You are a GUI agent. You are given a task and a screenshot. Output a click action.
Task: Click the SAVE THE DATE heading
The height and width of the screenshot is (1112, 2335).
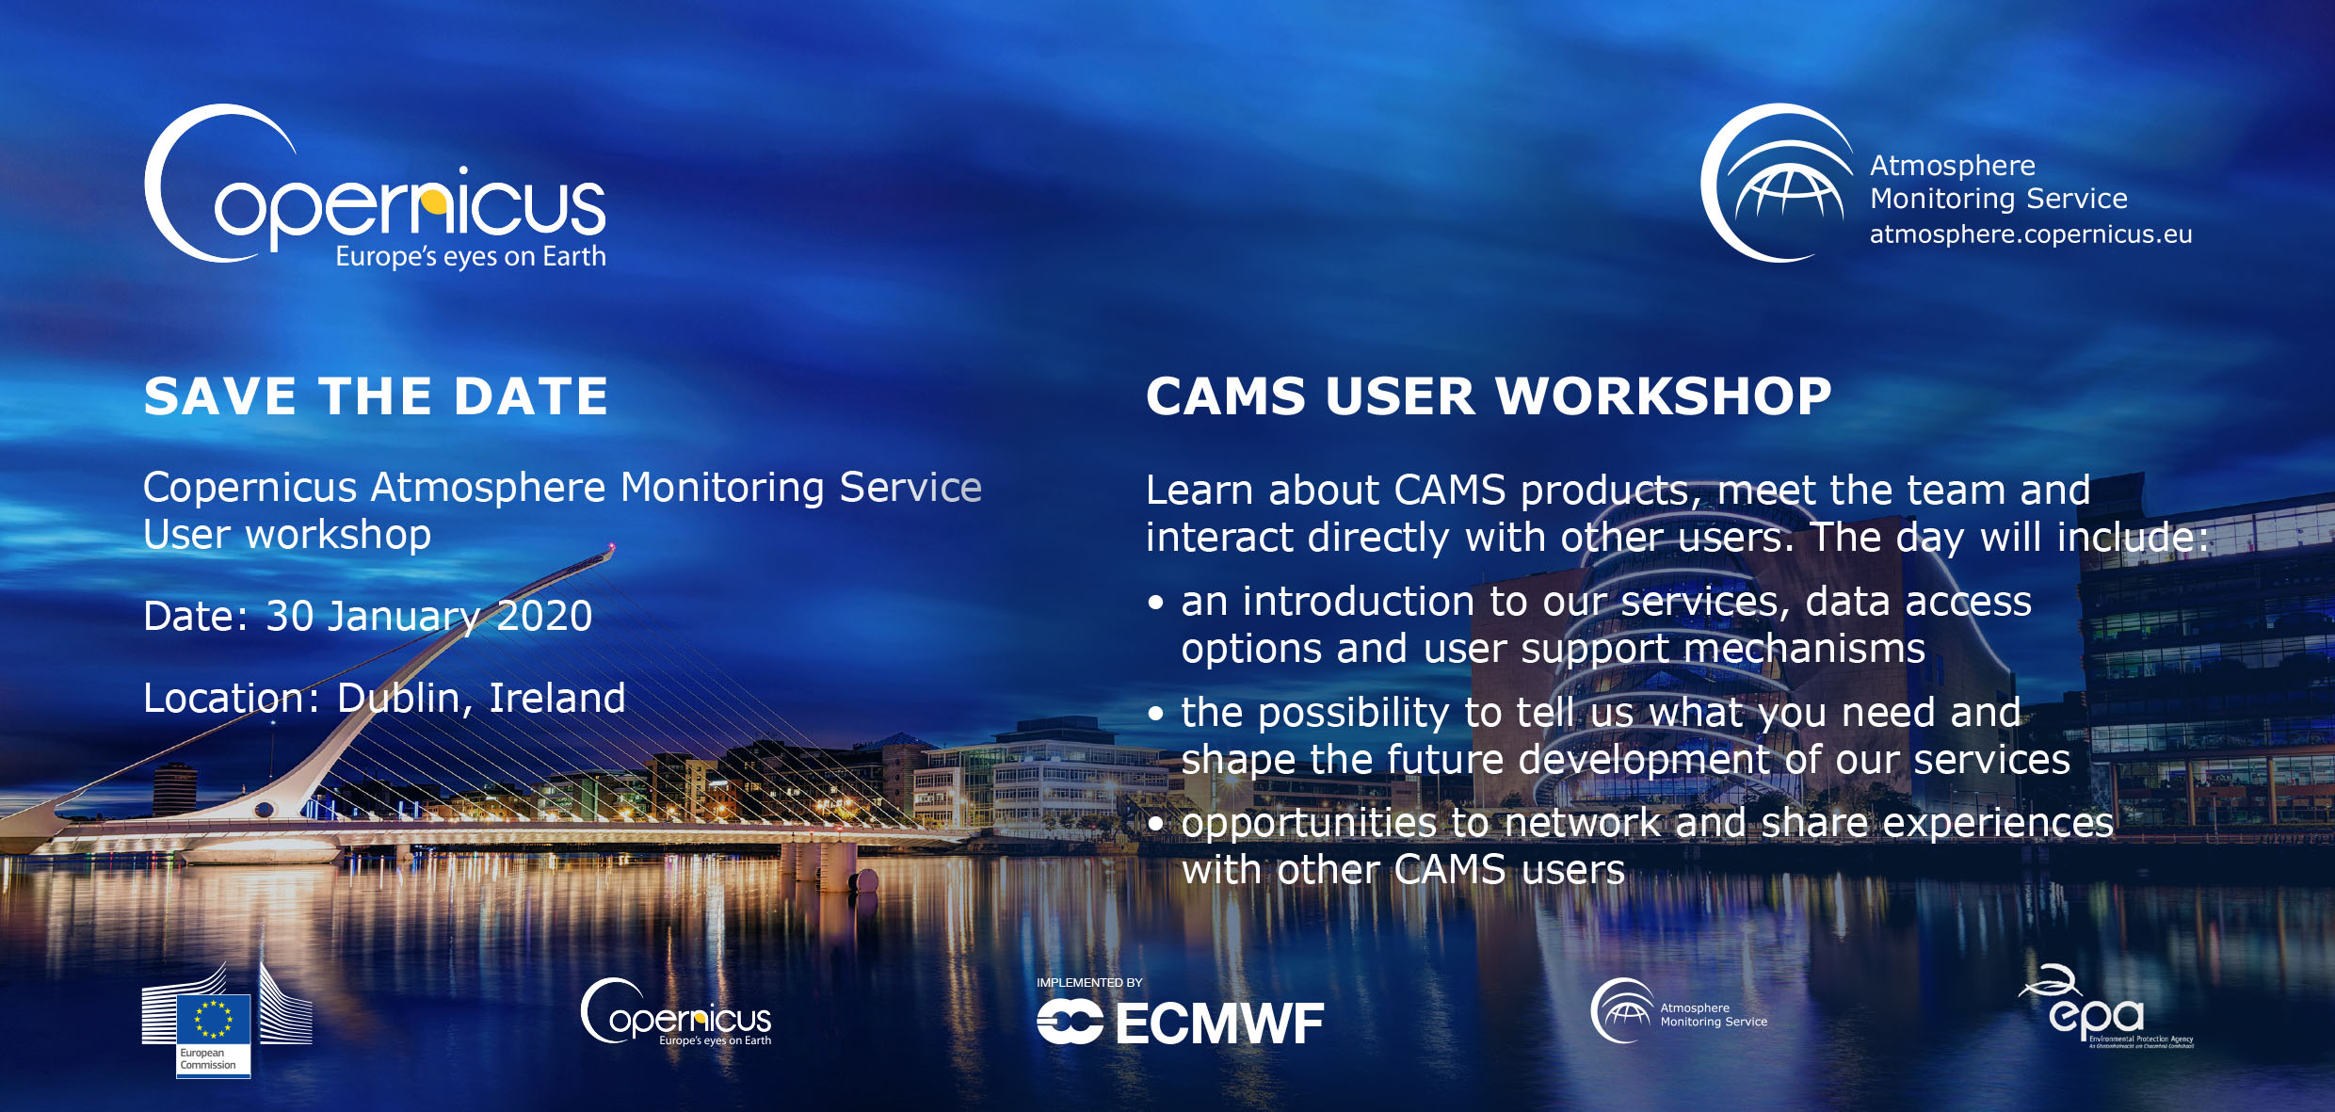tap(376, 395)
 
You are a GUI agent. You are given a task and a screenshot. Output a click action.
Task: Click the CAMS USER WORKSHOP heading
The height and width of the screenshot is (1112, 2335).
tap(1489, 395)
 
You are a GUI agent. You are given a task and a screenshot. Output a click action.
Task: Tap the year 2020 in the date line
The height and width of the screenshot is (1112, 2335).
tap(544, 617)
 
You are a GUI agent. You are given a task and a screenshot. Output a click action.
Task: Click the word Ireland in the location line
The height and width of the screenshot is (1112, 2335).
tap(557, 698)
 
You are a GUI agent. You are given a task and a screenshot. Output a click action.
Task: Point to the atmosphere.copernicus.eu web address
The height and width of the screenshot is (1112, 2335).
tap(2031, 234)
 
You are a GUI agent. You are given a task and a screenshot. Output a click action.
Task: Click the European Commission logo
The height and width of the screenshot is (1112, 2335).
tap(226, 1020)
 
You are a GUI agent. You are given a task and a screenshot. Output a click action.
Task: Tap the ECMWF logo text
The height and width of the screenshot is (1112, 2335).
tap(1219, 1024)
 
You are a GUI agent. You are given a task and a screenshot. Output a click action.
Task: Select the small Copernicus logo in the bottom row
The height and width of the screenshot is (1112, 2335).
tap(676, 1013)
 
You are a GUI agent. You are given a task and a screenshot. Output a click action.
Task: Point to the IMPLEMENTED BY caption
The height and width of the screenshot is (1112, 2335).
tap(1089, 983)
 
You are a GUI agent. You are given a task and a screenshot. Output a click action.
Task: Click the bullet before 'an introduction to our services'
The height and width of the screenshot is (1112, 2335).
tap(1156, 604)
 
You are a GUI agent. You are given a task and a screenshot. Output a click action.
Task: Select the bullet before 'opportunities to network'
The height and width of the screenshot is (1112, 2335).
tap(1156, 825)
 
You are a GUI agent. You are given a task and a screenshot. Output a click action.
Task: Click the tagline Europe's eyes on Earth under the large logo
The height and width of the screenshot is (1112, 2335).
tap(471, 257)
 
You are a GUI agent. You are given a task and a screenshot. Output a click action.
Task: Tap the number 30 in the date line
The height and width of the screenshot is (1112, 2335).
tap(290, 617)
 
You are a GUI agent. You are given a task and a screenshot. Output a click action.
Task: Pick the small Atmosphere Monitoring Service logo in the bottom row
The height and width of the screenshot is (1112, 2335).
tap(1679, 1011)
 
